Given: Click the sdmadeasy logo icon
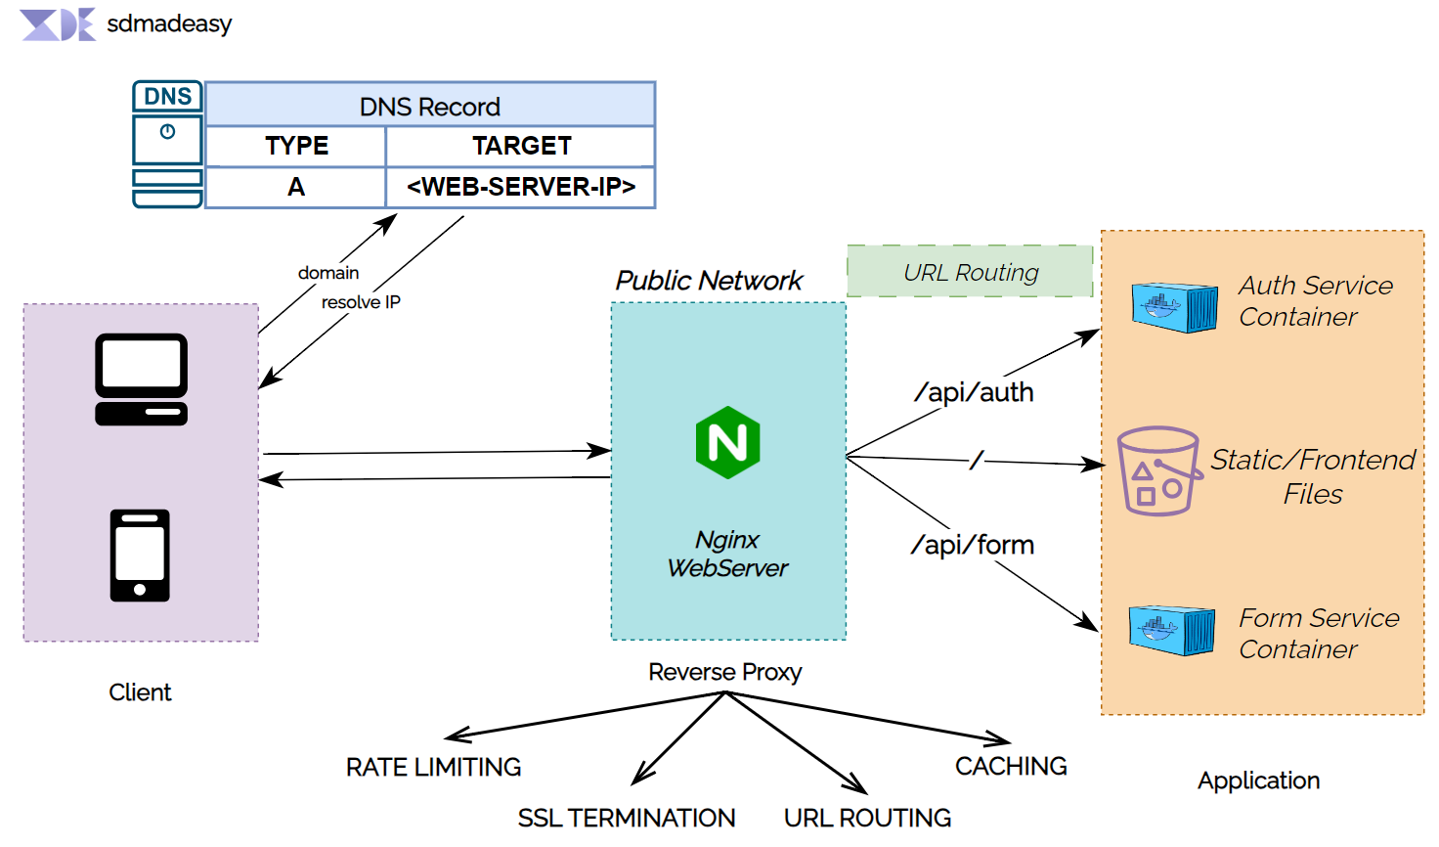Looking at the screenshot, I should [x=58, y=24].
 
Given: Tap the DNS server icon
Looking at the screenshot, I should [x=167, y=145].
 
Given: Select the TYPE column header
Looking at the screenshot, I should [x=296, y=146].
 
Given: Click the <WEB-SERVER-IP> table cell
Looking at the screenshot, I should [x=521, y=187].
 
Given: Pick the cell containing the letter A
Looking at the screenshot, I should [x=296, y=187].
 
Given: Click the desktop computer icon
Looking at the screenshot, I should [x=141, y=379].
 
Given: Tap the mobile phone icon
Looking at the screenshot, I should [x=140, y=555].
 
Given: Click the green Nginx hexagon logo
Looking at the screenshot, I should [x=727, y=442].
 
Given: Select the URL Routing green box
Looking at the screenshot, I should [x=970, y=272].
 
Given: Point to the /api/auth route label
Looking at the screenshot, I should [x=974, y=392].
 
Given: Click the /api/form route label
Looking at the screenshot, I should [x=973, y=545].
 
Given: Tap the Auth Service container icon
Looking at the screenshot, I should [x=1174, y=307].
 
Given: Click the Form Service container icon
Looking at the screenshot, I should [x=1171, y=629].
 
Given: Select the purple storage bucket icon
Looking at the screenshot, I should [x=1158, y=470].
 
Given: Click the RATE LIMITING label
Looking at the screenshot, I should [x=433, y=767].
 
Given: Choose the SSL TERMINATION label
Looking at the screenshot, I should [x=626, y=818].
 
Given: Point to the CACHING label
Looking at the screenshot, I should [x=1011, y=766].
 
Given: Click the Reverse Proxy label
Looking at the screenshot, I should [x=724, y=672].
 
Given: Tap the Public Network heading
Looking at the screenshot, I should [x=709, y=281].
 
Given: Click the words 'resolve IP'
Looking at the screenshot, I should [x=361, y=302].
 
